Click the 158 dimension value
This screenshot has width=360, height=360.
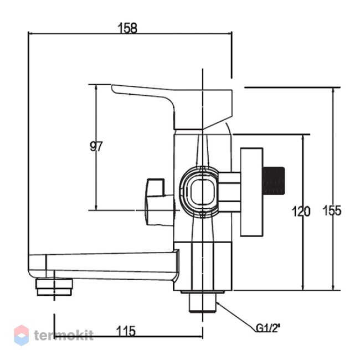(127, 28)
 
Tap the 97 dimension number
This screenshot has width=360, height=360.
(96, 146)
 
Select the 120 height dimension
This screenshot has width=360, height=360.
(301, 211)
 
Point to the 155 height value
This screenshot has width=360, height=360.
(332, 210)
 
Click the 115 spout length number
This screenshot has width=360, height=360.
(126, 331)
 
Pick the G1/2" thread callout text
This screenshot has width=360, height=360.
(268, 328)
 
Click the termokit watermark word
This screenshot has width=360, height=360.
(64, 335)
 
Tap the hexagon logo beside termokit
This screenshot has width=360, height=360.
(22, 335)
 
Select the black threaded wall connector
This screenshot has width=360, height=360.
(274, 181)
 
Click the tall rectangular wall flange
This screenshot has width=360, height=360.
(251, 192)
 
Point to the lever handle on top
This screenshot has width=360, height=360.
(172, 107)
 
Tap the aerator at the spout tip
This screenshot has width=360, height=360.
(54, 287)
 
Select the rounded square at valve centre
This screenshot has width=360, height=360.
(203, 192)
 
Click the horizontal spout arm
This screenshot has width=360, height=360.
(104, 266)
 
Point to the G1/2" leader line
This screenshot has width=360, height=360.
(236, 317)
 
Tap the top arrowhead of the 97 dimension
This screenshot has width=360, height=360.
(96, 88)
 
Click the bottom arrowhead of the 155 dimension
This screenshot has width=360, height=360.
(333, 287)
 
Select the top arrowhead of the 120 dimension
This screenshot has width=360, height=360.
(304, 138)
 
